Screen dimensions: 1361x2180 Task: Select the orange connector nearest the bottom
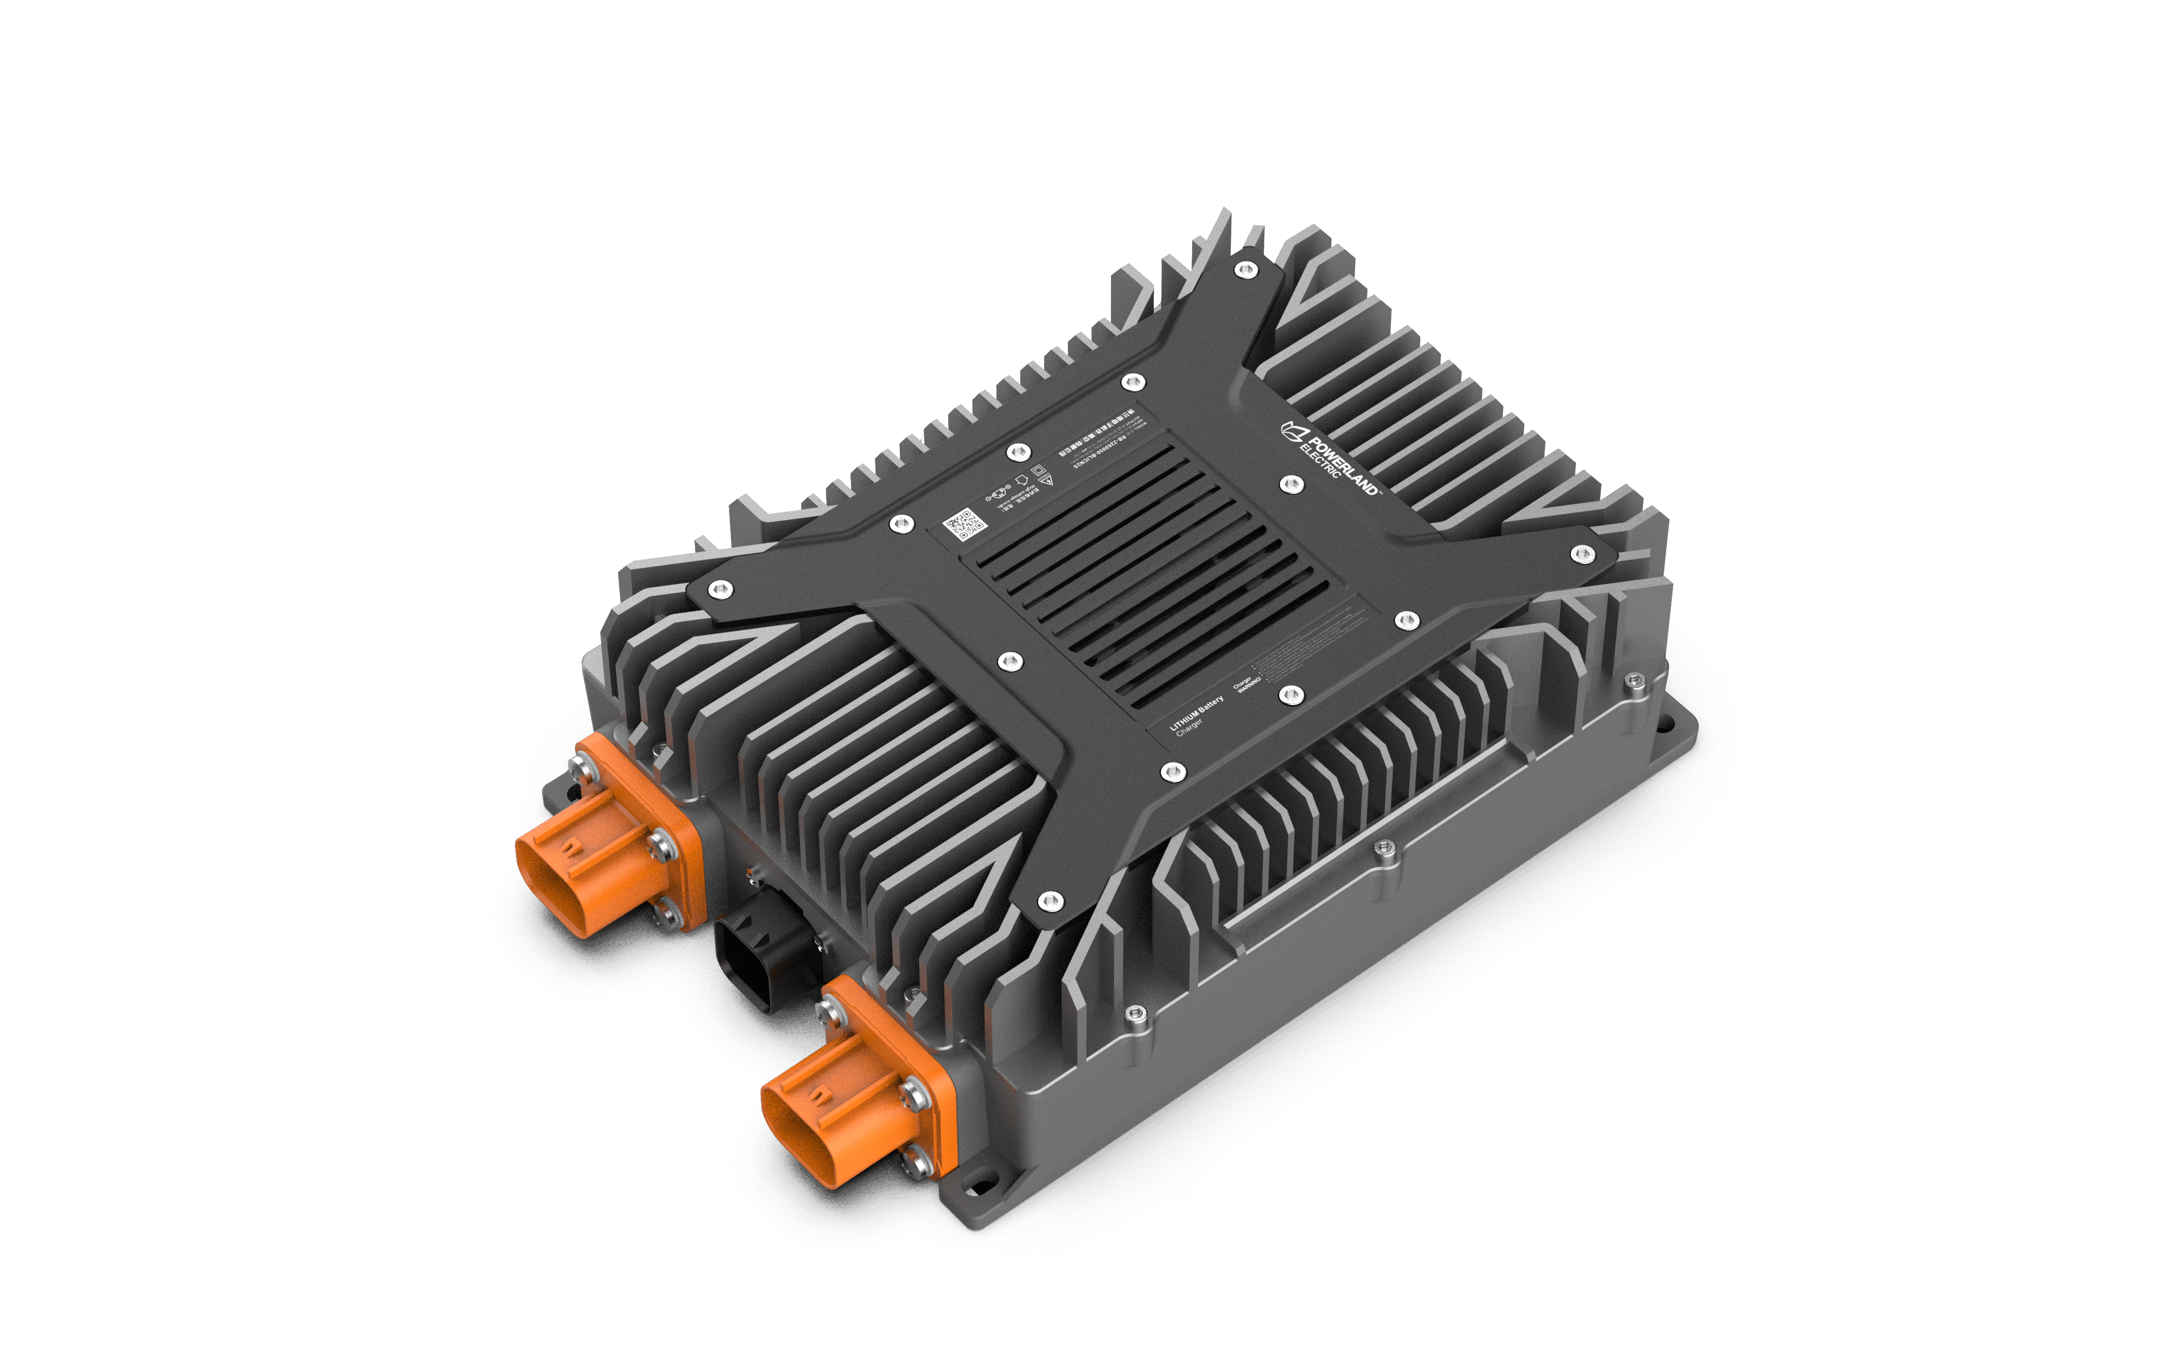click(846, 1103)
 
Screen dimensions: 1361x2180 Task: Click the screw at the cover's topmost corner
click(1246, 269)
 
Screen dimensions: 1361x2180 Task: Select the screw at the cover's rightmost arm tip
click(1582, 554)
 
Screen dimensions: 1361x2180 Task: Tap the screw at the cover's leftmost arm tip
click(719, 589)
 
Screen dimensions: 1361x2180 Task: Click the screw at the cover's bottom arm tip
click(1050, 901)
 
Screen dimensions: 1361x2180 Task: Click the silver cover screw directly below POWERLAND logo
click(1291, 485)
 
